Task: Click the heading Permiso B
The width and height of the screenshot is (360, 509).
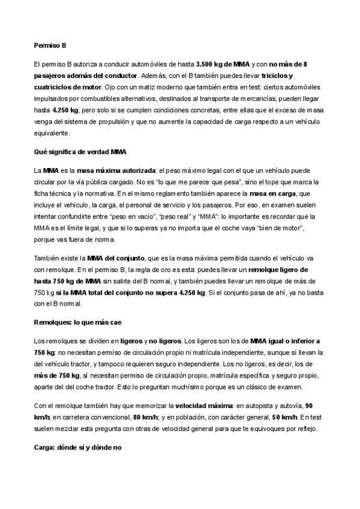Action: [50, 44]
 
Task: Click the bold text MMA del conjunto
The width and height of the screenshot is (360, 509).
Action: [113, 258]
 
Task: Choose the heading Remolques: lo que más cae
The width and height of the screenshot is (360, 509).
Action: [80, 322]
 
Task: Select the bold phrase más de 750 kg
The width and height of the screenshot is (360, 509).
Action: [63, 376]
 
